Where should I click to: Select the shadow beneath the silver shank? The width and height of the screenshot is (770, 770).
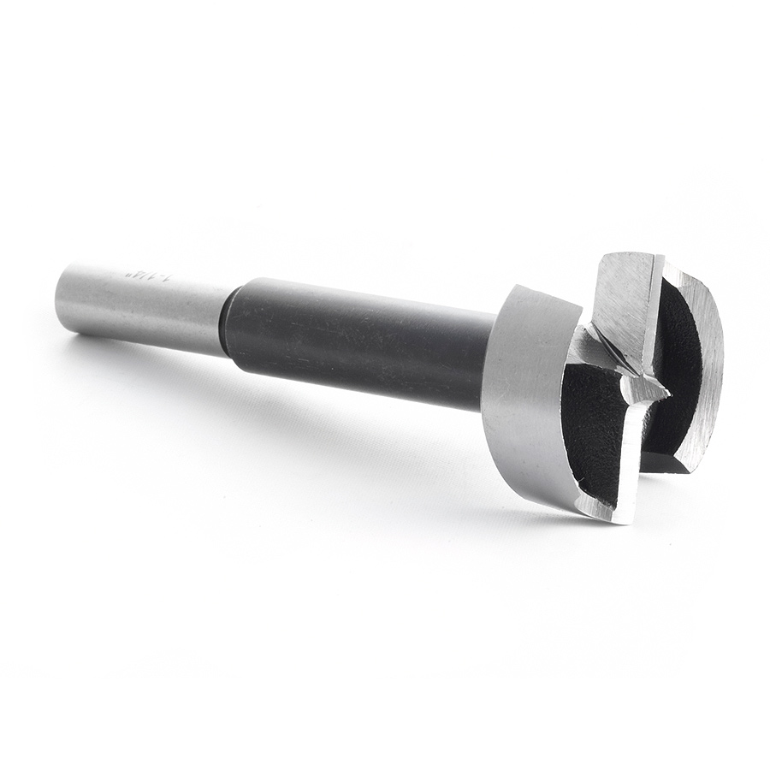137,359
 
